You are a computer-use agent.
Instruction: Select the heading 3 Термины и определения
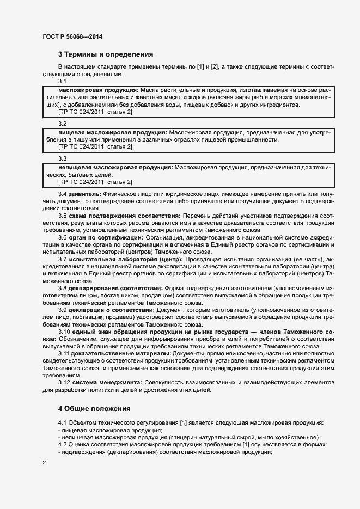tap(106, 54)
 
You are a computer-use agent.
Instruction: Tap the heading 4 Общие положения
tap(94, 408)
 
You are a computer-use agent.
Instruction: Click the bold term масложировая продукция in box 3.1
tap(99, 89)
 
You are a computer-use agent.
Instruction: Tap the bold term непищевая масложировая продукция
tap(116, 167)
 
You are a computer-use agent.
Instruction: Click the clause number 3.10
tap(65, 332)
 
